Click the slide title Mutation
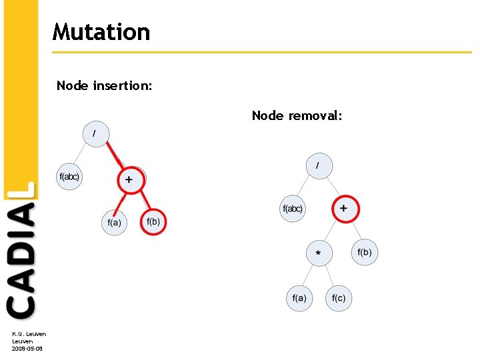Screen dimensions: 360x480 click(x=101, y=32)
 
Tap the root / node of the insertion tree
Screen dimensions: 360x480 click(x=95, y=133)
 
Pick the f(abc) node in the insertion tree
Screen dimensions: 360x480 click(x=69, y=177)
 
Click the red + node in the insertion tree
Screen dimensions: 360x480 click(x=129, y=179)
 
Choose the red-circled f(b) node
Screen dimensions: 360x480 click(x=153, y=221)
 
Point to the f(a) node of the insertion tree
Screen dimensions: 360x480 click(x=114, y=222)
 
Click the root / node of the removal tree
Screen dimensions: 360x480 click(x=319, y=165)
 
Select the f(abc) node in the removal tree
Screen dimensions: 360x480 click(x=292, y=209)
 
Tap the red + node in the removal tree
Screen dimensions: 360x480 click(x=345, y=209)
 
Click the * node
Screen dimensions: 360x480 click(x=319, y=253)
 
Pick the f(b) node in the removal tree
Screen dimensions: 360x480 click(x=365, y=252)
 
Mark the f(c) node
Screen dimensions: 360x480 click(x=339, y=297)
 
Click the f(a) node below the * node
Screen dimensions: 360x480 click(x=299, y=297)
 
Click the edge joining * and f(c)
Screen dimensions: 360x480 click(x=329, y=275)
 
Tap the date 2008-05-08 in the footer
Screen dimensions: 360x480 click(x=27, y=349)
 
